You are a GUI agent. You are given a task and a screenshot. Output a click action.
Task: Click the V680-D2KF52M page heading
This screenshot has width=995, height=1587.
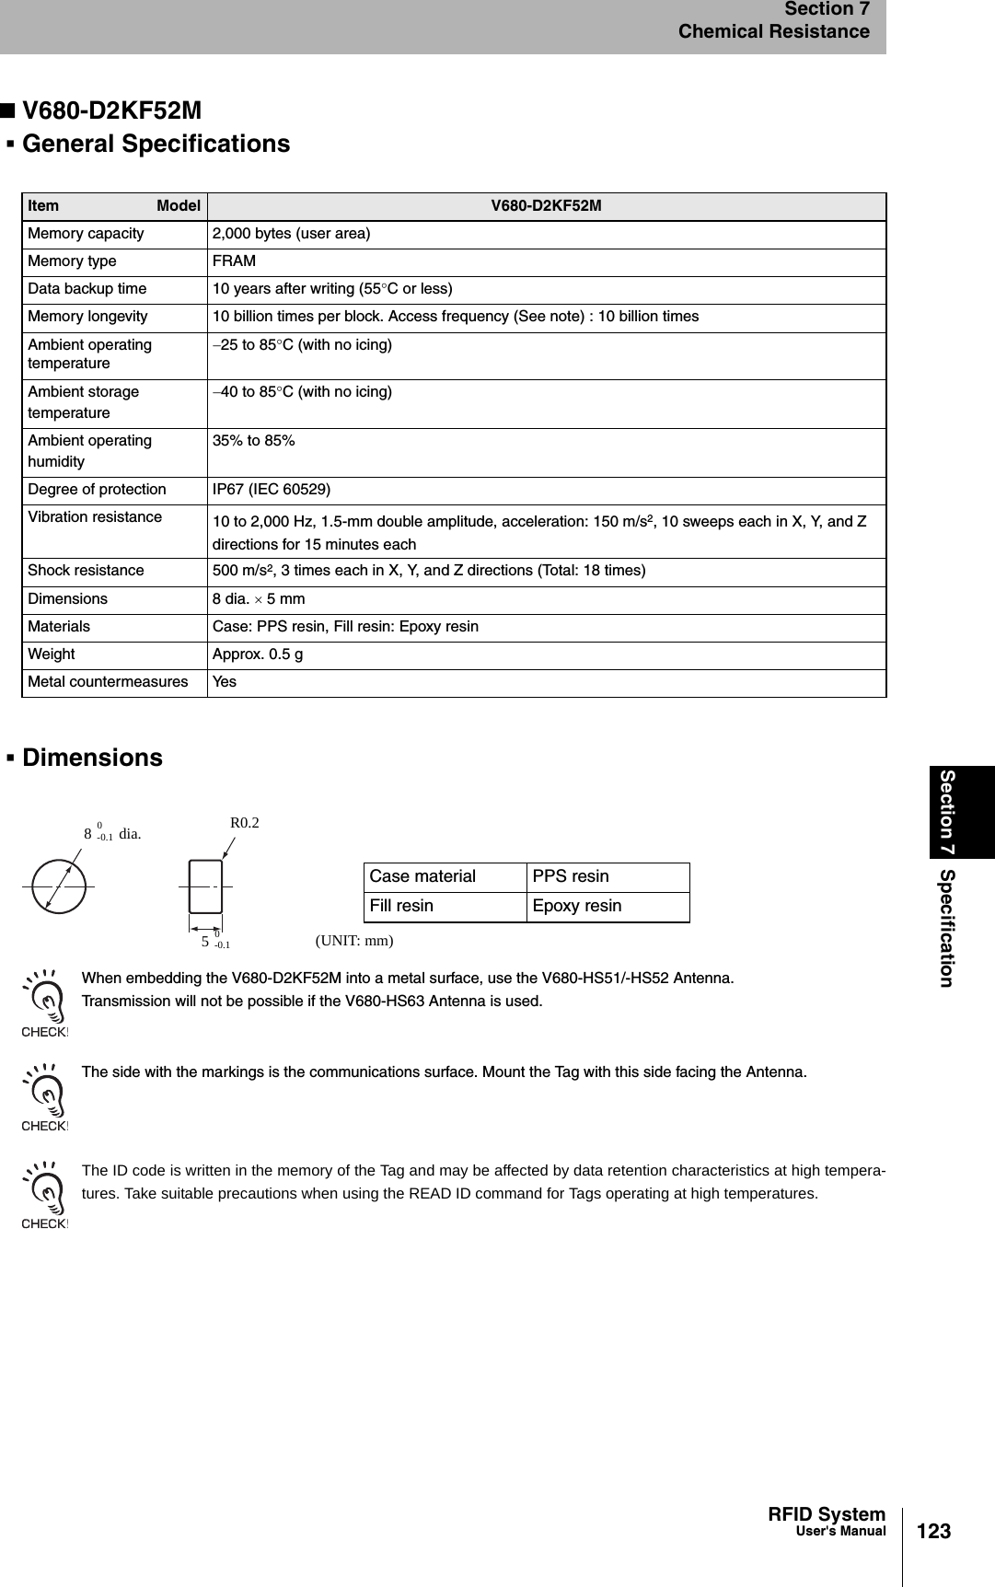(x=111, y=110)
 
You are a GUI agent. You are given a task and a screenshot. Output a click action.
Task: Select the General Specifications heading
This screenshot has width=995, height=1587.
(x=156, y=145)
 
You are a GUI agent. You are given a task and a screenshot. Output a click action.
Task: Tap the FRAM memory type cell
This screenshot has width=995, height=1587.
(x=235, y=261)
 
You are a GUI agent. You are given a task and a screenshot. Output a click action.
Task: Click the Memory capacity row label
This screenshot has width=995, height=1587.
(x=86, y=234)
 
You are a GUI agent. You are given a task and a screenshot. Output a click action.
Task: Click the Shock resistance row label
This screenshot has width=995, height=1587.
(x=86, y=571)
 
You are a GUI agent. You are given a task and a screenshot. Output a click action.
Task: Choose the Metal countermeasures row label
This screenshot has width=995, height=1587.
(x=108, y=682)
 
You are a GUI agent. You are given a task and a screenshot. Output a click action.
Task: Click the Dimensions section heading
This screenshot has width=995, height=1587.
(x=92, y=758)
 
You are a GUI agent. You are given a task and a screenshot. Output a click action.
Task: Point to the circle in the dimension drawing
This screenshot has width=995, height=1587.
(x=58, y=885)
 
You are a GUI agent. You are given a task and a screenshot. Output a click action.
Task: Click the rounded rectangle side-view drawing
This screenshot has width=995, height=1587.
(x=205, y=886)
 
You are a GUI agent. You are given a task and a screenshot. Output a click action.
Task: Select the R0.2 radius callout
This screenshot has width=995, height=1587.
(x=244, y=823)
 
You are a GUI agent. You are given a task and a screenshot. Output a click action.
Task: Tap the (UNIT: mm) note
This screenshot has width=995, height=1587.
(x=354, y=941)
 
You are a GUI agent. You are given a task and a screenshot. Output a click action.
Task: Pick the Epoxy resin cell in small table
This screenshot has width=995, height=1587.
(x=577, y=906)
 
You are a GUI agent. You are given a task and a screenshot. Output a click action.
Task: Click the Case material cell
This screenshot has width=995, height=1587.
(x=422, y=876)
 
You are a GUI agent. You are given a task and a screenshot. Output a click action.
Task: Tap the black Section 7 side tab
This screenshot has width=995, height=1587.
(x=963, y=812)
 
